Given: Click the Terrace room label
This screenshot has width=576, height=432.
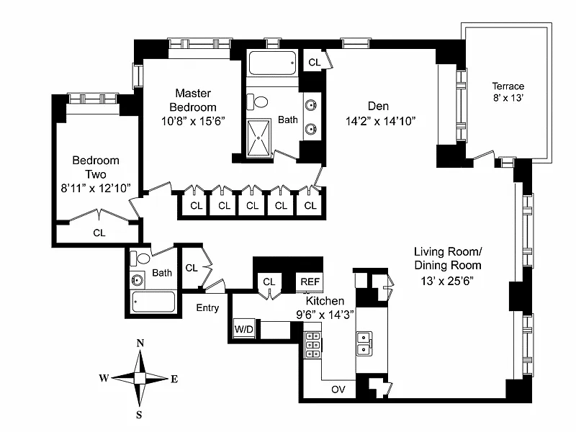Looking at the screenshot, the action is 508,86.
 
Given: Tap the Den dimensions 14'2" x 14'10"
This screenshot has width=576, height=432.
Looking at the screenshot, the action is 380,121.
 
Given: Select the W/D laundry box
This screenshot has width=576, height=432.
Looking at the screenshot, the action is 244,329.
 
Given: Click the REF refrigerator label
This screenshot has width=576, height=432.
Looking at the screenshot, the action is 310,282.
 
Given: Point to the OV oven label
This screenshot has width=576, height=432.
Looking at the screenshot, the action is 338,390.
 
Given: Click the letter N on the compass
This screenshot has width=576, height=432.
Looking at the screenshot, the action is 140,343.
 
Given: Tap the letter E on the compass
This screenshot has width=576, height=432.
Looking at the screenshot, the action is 174,379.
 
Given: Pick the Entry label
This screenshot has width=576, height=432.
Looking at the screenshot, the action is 207,308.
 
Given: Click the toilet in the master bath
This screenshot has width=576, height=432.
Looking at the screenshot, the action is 257,102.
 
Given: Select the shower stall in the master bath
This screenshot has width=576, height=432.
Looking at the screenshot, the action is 258,138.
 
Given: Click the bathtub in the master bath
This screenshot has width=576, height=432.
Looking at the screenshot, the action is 272,63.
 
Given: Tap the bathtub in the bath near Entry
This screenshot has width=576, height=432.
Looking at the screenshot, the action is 153,302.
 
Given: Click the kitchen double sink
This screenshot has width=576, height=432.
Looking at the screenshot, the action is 364,343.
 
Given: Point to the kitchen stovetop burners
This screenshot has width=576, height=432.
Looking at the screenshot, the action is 312,345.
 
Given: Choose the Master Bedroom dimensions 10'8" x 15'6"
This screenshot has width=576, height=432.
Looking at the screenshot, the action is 193,121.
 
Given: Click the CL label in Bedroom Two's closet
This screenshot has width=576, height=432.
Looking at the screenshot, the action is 99,233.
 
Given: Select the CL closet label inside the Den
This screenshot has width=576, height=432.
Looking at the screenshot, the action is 315,63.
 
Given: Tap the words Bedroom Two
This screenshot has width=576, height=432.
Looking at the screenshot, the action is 96,167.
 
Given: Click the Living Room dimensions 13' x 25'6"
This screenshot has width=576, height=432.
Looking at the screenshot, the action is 447,281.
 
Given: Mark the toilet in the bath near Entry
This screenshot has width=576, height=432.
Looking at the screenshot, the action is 140,258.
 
